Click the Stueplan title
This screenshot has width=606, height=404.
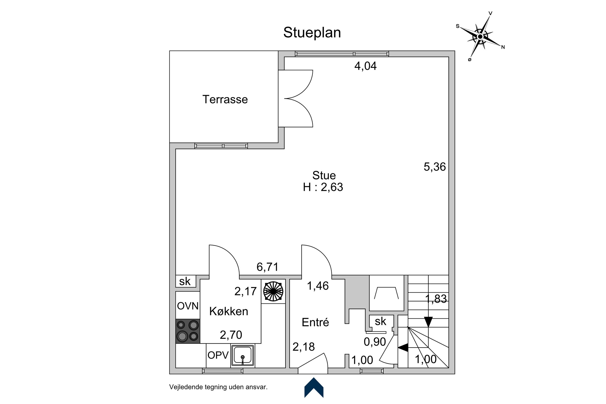click(x=312, y=33)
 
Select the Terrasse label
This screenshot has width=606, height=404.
click(x=225, y=100)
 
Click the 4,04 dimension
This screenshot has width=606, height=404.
click(x=365, y=66)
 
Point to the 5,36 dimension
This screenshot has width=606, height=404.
click(x=435, y=167)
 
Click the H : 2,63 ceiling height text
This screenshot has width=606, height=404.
click(x=323, y=187)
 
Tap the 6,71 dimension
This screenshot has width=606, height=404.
click(x=267, y=267)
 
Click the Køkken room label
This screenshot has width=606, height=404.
click(x=229, y=311)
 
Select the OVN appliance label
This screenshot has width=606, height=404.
click(x=188, y=306)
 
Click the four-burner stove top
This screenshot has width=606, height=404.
click(x=188, y=331)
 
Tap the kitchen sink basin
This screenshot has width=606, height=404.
click(x=243, y=356)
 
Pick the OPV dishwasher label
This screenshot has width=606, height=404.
click(x=218, y=356)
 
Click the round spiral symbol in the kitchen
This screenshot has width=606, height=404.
click(x=273, y=291)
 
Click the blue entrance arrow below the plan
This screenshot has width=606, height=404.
click(x=314, y=387)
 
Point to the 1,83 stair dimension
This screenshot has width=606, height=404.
click(x=436, y=299)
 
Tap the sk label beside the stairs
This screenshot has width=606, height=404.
click(x=380, y=321)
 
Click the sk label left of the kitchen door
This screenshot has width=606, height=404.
click(x=185, y=281)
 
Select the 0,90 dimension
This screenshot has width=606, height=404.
click(x=375, y=342)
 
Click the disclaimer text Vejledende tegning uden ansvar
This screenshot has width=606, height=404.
click(x=218, y=387)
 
